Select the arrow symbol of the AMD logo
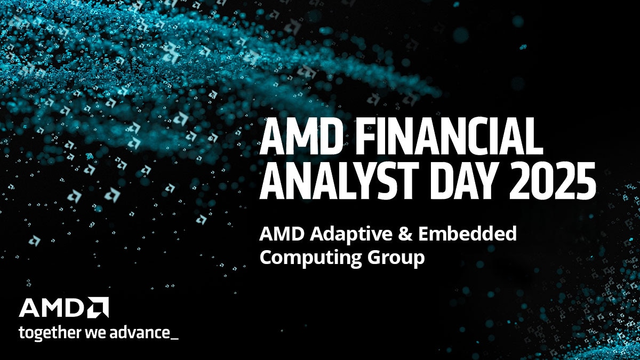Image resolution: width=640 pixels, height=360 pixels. tap(99, 307)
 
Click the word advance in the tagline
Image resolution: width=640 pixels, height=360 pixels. tap(137, 333)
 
